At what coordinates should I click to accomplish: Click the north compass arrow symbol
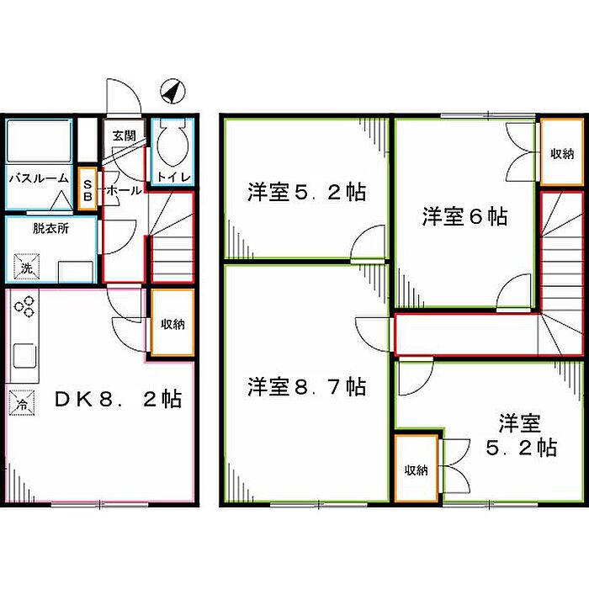(173, 91)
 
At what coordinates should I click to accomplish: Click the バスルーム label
(40, 178)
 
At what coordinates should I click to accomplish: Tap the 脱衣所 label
(50, 228)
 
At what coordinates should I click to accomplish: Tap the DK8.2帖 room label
(118, 398)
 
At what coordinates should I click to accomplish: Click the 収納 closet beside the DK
(172, 324)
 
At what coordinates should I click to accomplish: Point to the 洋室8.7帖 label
(306, 387)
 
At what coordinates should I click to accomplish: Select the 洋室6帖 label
(464, 216)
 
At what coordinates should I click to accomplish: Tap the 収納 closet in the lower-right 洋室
(417, 470)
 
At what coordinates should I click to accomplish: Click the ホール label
(124, 192)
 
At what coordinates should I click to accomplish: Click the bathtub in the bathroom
(39, 142)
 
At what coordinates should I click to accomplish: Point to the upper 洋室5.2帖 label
(306, 193)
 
